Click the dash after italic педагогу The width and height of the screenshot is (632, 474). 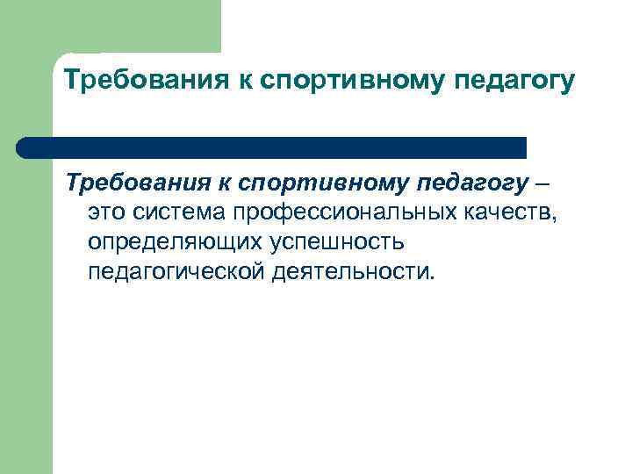[544, 184]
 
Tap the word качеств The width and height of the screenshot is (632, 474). [514, 213]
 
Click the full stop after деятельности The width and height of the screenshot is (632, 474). [431, 276]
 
